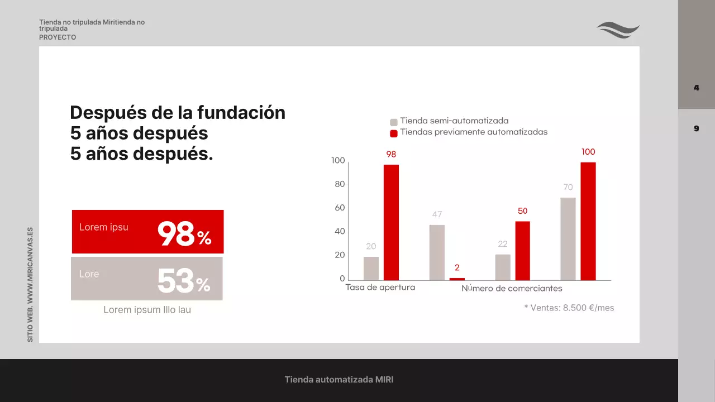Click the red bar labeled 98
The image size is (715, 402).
391,222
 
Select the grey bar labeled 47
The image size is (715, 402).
437,252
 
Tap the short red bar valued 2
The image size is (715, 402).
457,279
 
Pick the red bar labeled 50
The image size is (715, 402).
522,251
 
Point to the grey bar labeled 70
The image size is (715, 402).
568,239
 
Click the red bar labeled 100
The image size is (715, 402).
588,221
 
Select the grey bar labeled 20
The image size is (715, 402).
371,268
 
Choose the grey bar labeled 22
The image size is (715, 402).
503,267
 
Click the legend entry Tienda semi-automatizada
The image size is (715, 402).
454,121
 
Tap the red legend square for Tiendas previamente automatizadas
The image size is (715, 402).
394,133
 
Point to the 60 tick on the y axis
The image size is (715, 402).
339,208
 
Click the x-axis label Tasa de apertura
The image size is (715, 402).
380,288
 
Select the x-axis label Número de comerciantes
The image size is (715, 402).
512,289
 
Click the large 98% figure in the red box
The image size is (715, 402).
184,234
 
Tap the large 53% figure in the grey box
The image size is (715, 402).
183,281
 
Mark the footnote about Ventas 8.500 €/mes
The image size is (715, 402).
569,308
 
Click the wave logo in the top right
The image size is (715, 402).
618,30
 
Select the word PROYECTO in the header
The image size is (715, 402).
58,37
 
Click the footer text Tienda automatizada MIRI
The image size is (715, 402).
339,380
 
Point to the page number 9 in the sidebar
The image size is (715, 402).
697,128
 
